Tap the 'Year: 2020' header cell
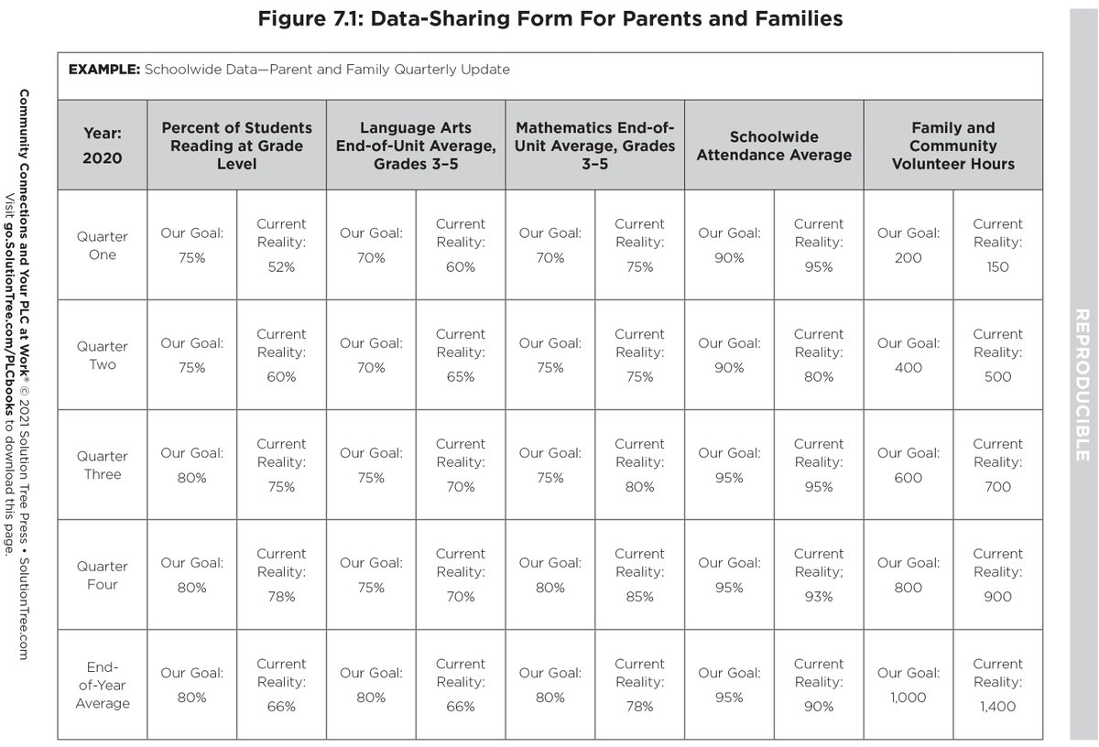(102, 145)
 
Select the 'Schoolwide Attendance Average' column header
(774, 146)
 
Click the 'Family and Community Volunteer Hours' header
(952, 146)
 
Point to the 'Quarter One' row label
(102, 244)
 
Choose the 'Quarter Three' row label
(102, 465)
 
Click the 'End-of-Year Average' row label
(102, 685)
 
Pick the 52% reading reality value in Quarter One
(281, 267)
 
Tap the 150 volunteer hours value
(997, 267)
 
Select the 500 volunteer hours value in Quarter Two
(997, 377)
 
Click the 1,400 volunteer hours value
(997, 707)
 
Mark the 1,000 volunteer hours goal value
(908, 698)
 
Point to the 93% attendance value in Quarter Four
(819, 597)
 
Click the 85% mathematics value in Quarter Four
(639, 597)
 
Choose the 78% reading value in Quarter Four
(281, 597)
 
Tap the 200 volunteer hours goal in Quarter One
(908, 258)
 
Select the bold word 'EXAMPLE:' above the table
(104, 70)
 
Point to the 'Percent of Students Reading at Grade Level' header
(236, 146)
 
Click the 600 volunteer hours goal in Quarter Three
(908, 478)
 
